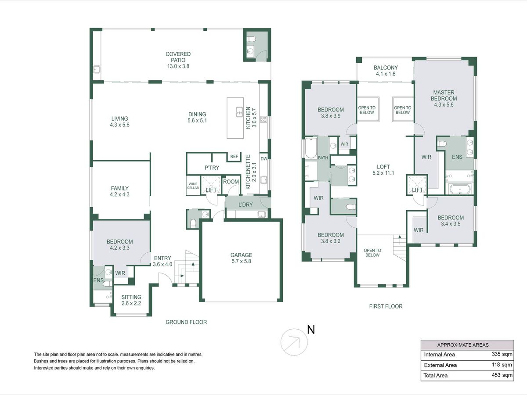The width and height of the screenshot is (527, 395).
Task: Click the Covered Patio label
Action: [178, 60]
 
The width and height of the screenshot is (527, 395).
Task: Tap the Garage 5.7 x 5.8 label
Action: [241, 258]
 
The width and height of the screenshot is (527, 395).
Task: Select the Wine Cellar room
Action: [193, 185]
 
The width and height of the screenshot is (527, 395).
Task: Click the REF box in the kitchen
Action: [234, 157]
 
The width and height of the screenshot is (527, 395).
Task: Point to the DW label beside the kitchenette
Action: [264, 159]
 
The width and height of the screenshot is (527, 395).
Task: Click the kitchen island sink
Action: [239, 112]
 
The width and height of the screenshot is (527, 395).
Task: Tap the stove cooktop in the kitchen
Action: [263, 119]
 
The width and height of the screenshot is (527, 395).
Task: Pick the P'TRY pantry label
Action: [212, 168]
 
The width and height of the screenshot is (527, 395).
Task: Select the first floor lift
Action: [417, 185]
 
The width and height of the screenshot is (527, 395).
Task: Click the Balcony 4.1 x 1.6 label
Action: [386, 71]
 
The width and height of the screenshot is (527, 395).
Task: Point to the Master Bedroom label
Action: [444, 98]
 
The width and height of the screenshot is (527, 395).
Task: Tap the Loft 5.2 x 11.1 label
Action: [383, 170]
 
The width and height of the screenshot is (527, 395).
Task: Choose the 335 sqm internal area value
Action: [502, 354]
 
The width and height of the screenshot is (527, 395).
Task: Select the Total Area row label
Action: [436, 375]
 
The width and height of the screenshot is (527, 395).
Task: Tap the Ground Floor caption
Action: [186, 322]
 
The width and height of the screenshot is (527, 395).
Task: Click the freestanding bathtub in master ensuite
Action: [460, 189]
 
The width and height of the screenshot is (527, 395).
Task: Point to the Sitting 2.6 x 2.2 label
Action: [131, 300]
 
